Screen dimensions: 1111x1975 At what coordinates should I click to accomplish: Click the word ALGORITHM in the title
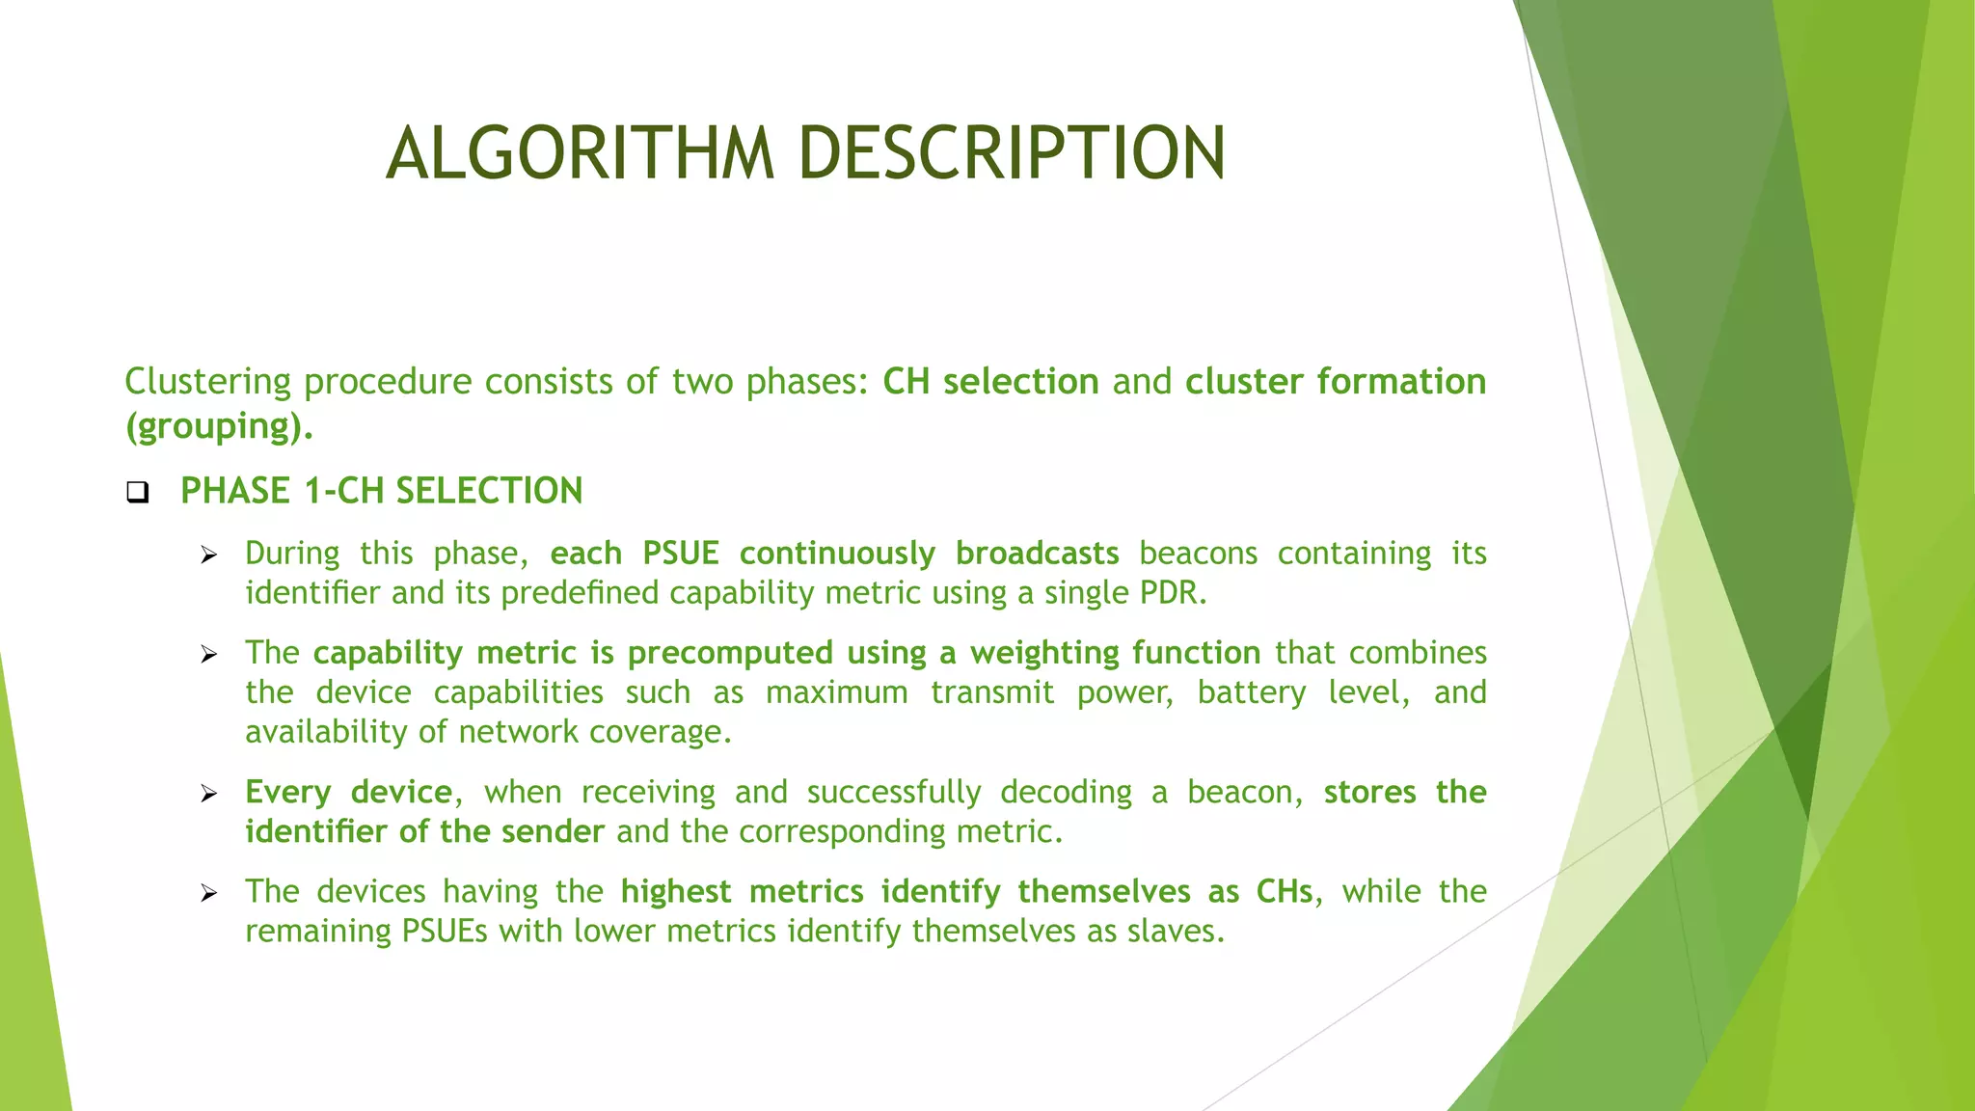pos(580,153)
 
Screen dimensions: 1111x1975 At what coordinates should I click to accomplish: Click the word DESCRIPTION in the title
pos(1013,153)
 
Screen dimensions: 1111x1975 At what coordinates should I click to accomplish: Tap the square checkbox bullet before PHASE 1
pos(138,493)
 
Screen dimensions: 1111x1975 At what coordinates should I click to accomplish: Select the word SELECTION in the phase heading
pos(489,491)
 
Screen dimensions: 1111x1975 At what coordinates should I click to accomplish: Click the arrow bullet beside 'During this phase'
pos(209,555)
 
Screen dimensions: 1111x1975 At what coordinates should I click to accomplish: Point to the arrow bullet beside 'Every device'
pos(209,794)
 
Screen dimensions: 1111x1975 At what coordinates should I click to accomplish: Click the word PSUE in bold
pos(681,554)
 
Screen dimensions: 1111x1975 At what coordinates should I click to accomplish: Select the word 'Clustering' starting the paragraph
pos(207,382)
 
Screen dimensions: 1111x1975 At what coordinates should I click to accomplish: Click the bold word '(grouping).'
pos(219,426)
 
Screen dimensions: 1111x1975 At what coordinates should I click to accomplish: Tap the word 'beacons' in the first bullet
pos(1198,554)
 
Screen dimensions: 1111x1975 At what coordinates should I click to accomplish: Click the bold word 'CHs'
pos(1284,891)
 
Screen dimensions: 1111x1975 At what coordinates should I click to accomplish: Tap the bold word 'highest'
pos(675,891)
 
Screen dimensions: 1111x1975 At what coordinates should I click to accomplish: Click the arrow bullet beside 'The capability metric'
pos(209,655)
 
